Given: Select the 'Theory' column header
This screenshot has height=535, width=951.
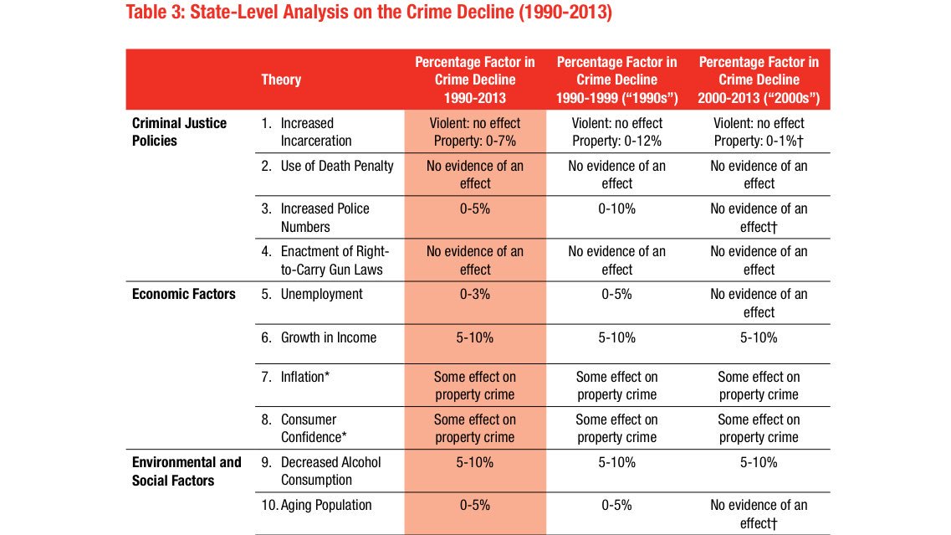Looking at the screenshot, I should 281,80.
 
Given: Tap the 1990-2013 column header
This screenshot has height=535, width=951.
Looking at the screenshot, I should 475,80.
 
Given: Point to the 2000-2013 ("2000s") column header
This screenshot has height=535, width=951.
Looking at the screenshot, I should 759,80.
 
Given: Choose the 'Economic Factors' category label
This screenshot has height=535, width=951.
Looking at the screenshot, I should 184,294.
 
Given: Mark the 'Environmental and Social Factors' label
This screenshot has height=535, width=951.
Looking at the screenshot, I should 187,471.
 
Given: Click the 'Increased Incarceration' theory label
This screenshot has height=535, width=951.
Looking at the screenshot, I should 316,132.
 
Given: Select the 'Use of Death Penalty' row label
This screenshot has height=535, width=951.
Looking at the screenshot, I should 336,166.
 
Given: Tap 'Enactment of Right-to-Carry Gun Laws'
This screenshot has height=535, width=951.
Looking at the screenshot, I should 335,260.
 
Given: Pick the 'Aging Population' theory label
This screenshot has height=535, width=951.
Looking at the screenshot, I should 326,505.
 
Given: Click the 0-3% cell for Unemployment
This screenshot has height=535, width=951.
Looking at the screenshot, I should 475,294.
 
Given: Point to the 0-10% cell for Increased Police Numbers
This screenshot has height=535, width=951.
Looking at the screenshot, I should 617,208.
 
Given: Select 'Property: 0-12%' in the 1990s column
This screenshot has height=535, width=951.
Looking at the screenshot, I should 617,141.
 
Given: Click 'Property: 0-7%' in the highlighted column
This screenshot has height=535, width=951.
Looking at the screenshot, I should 475,141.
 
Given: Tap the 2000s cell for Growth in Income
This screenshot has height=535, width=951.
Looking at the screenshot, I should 759,337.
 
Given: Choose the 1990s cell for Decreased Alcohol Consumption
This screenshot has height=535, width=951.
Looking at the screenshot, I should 617,462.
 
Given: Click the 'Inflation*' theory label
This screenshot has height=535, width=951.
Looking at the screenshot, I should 304,377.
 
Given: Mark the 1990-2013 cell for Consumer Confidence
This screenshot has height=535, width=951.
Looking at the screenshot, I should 475,429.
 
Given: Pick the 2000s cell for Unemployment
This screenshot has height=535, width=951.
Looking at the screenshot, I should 759,303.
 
